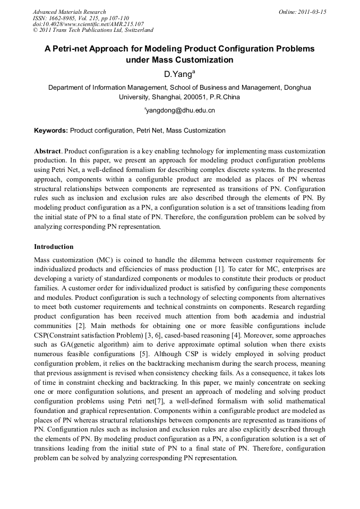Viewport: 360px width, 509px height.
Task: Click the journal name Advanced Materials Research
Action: tap(69, 12)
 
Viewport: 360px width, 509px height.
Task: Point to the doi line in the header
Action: tap(88, 24)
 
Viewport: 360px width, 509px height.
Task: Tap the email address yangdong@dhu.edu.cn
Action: tap(181, 110)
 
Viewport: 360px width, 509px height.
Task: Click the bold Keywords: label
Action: tap(51, 131)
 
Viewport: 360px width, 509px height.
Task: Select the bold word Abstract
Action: tap(47, 151)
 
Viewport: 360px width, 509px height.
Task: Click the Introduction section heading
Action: tap(54, 247)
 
